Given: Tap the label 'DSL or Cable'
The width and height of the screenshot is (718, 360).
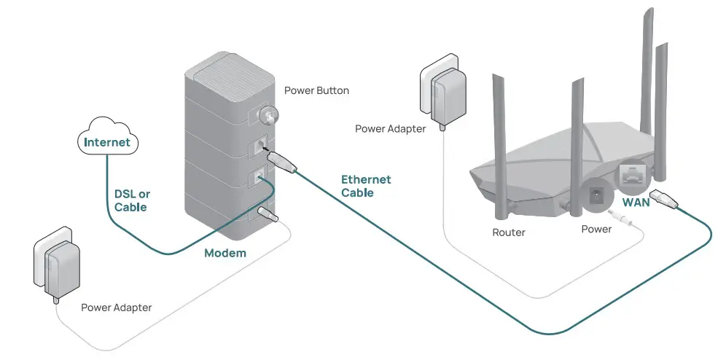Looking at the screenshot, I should pyautogui.click(x=131, y=200).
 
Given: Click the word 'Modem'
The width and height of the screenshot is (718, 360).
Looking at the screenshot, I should pyautogui.click(x=225, y=253).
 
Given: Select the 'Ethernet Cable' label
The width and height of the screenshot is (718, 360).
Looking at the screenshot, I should pyautogui.click(x=366, y=186).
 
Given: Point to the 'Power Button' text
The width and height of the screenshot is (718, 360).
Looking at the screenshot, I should pyautogui.click(x=316, y=91).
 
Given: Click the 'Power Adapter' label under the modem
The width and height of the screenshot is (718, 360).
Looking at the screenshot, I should pyautogui.click(x=116, y=308).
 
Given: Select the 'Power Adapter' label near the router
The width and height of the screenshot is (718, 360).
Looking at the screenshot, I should pyautogui.click(x=390, y=129).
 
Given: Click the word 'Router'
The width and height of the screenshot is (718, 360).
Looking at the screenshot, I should pyautogui.click(x=508, y=232).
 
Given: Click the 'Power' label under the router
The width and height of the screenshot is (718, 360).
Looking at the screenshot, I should pyautogui.click(x=596, y=229).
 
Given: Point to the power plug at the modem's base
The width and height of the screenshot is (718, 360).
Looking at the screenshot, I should pyautogui.click(x=268, y=216).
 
